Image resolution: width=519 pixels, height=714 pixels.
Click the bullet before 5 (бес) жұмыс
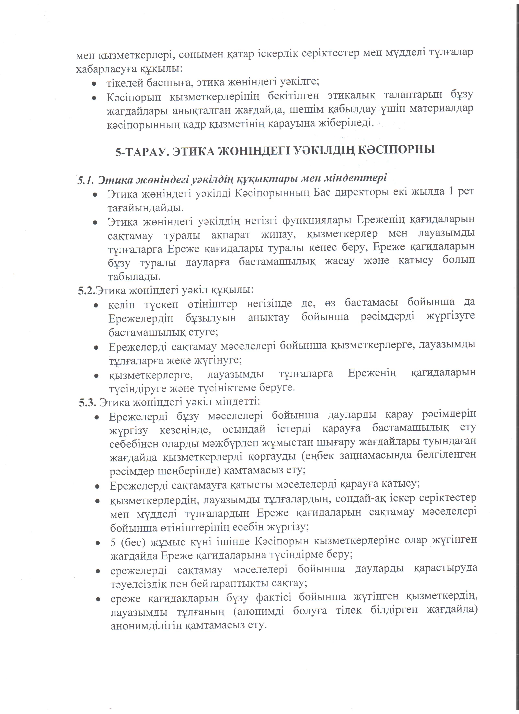(x=97, y=543)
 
